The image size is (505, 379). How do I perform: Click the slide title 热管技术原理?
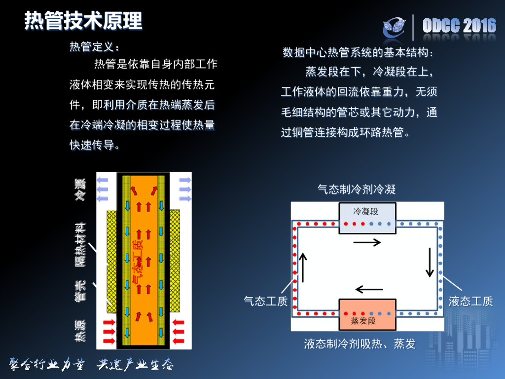coord(83,21)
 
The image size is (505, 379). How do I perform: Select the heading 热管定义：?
coord(94,47)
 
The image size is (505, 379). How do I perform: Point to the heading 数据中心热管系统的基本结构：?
coord(358,53)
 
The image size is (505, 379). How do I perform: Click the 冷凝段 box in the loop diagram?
coord(367,212)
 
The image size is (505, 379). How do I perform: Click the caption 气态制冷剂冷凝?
coord(357,189)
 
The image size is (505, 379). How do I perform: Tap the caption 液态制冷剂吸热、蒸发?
coord(360,343)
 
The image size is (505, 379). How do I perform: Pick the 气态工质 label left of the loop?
coord(266,301)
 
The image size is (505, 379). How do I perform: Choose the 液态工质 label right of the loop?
coord(470,301)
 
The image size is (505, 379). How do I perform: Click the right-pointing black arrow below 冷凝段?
coord(367,242)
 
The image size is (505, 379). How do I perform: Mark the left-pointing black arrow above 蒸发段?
coord(369,289)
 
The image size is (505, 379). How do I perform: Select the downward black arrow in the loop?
coord(430,262)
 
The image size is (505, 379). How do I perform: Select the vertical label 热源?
coord(80,331)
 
